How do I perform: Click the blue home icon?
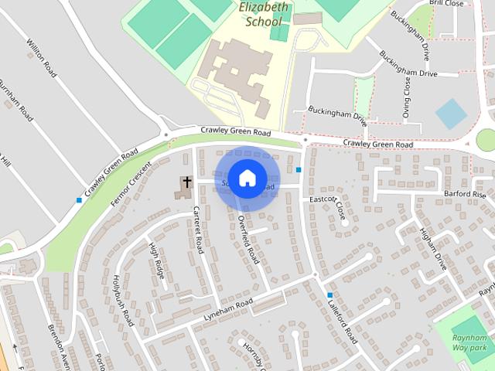[247, 179]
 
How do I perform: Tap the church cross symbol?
[186, 183]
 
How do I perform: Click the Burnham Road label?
[16, 100]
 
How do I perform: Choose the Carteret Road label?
[197, 230]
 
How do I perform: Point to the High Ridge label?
[155, 260]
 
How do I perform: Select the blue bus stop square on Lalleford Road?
[330, 295]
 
